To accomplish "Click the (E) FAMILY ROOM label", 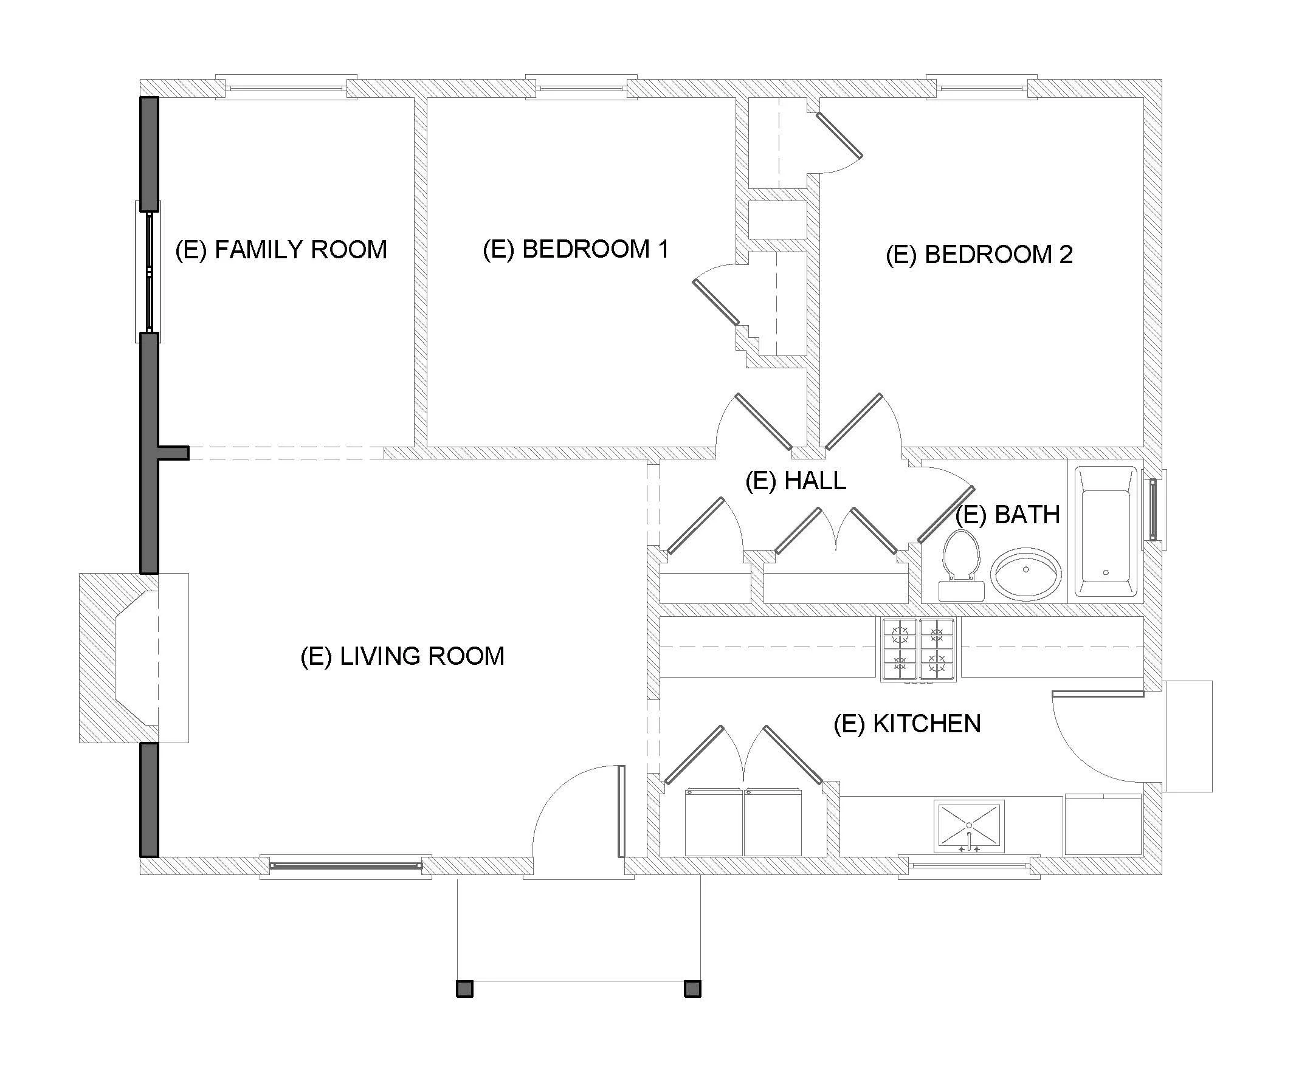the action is pos(281,250).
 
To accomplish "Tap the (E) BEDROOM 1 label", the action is pos(576,250).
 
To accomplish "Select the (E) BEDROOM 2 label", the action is pos(979,255).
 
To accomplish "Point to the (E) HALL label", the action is pos(796,481).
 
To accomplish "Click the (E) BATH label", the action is pos(1007,515).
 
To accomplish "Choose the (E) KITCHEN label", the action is pos(907,724).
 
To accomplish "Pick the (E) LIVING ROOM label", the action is pos(402,656).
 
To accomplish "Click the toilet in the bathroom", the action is pos(961,566).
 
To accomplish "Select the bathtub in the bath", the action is pos(1106,532).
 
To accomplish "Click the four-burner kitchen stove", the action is pos(919,650).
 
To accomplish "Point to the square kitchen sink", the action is pos(969,826).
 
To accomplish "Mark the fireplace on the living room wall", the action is pos(134,658).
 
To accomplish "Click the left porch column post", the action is pos(464,989).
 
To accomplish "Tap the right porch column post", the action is pos(692,989).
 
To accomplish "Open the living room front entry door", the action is pos(621,811).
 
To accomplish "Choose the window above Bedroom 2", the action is pos(982,88).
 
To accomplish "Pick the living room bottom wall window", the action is pos(345,865).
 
